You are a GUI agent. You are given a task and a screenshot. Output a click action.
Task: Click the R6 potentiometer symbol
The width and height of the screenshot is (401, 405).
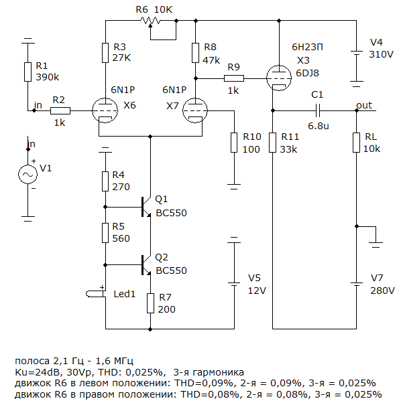pyautogui.click(x=151, y=21)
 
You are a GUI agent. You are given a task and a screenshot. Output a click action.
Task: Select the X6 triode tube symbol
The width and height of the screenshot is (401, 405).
pyautogui.click(x=105, y=110)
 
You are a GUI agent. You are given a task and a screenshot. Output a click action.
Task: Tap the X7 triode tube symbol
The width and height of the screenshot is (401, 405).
pyautogui.click(x=195, y=110)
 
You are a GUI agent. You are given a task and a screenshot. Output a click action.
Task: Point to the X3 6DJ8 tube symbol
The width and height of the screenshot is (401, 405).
pyautogui.click(x=279, y=78)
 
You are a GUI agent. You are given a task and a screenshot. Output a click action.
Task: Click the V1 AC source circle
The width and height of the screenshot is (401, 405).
pyautogui.click(x=27, y=174)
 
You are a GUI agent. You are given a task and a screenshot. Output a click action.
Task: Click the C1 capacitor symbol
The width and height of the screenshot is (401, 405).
pyautogui.click(x=318, y=110)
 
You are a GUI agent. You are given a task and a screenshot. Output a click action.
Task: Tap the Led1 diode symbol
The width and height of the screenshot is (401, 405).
pyautogui.click(x=96, y=294)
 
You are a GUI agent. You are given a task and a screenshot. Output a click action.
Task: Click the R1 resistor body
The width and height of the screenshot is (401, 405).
pyautogui.click(x=27, y=72)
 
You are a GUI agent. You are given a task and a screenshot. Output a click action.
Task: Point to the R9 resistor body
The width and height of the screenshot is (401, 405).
pyautogui.click(x=234, y=78)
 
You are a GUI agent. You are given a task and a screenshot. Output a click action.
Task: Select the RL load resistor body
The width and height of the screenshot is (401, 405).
pyautogui.click(x=357, y=143)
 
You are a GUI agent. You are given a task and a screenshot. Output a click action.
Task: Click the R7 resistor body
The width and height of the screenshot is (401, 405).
pyautogui.click(x=151, y=303)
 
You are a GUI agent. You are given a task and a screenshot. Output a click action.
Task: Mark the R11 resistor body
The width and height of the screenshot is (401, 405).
pyautogui.click(x=272, y=143)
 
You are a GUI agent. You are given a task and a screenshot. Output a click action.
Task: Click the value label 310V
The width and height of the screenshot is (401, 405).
pyautogui.click(x=381, y=54)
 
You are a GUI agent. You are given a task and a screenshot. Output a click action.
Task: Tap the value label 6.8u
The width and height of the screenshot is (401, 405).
pyautogui.click(x=319, y=126)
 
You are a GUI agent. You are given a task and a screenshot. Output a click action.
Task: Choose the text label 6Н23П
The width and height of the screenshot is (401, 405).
pyautogui.click(x=307, y=47)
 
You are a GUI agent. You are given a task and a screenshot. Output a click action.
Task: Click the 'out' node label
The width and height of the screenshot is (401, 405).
pyautogui.click(x=364, y=105)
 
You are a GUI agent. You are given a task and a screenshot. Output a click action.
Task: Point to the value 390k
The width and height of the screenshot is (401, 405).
pyautogui.click(x=48, y=77)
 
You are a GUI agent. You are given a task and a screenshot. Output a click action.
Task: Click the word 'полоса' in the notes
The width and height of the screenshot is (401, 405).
pyautogui.click(x=32, y=361)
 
